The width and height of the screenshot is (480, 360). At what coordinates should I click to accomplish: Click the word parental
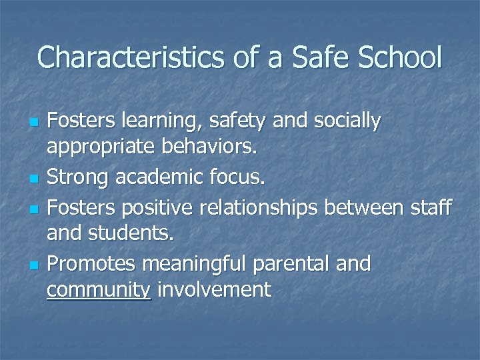[294, 263]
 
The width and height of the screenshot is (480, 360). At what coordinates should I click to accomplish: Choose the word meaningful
[195, 263]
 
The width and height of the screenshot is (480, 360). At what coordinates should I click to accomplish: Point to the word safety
[231, 122]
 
